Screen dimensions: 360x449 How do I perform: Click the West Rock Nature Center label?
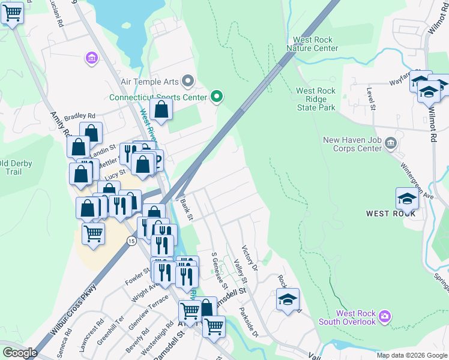(312, 44)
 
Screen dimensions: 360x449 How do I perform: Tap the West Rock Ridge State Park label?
(316, 99)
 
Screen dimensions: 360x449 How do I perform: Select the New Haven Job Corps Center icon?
(391, 142)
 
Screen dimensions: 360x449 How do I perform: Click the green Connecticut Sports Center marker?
(217, 97)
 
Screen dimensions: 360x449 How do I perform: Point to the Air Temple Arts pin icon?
(188, 80)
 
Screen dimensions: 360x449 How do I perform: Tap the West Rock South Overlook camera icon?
(385, 316)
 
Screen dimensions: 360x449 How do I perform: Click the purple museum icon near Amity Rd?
(91, 58)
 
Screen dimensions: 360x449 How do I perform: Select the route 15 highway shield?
(131, 240)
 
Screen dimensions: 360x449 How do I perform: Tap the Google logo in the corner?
(20, 353)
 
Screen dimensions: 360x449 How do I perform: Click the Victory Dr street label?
(249, 257)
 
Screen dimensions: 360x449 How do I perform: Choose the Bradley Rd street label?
(80, 116)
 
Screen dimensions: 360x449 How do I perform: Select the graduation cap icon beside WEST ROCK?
(407, 197)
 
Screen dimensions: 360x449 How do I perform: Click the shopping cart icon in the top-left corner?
(12, 13)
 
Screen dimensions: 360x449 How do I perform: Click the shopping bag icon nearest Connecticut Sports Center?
(161, 109)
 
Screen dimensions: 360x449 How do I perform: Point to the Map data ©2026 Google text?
(411, 355)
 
